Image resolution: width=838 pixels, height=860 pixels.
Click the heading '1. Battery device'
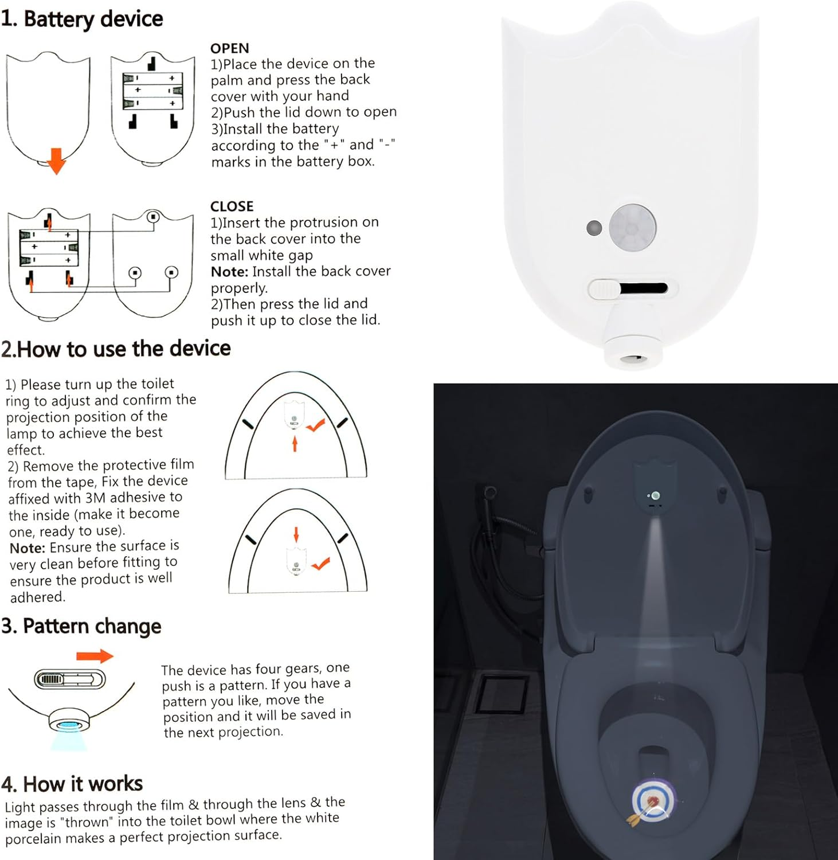click(x=82, y=19)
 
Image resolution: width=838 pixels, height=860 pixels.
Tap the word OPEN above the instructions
click(x=229, y=48)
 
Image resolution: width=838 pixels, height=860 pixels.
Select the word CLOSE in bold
click(x=232, y=206)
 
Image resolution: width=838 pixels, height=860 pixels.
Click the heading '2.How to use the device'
click(x=116, y=349)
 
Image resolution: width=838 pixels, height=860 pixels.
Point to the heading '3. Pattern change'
click(x=81, y=626)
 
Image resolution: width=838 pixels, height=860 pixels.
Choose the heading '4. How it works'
click(x=72, y=784)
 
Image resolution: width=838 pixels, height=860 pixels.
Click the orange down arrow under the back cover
click(x=56, y=161)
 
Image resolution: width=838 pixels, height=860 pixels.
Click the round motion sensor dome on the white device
click(x=632, y=228)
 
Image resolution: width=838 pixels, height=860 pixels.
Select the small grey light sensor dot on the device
click(x=594, y=228)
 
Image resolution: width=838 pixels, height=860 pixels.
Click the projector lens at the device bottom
click(x=632, y=358)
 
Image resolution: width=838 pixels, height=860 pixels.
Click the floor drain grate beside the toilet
click(x=503, y=694)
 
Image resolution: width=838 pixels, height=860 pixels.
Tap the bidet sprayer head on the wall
click(x=489, y=492)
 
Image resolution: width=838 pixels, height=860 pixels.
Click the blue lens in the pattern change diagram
click(x=68, y=725)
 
